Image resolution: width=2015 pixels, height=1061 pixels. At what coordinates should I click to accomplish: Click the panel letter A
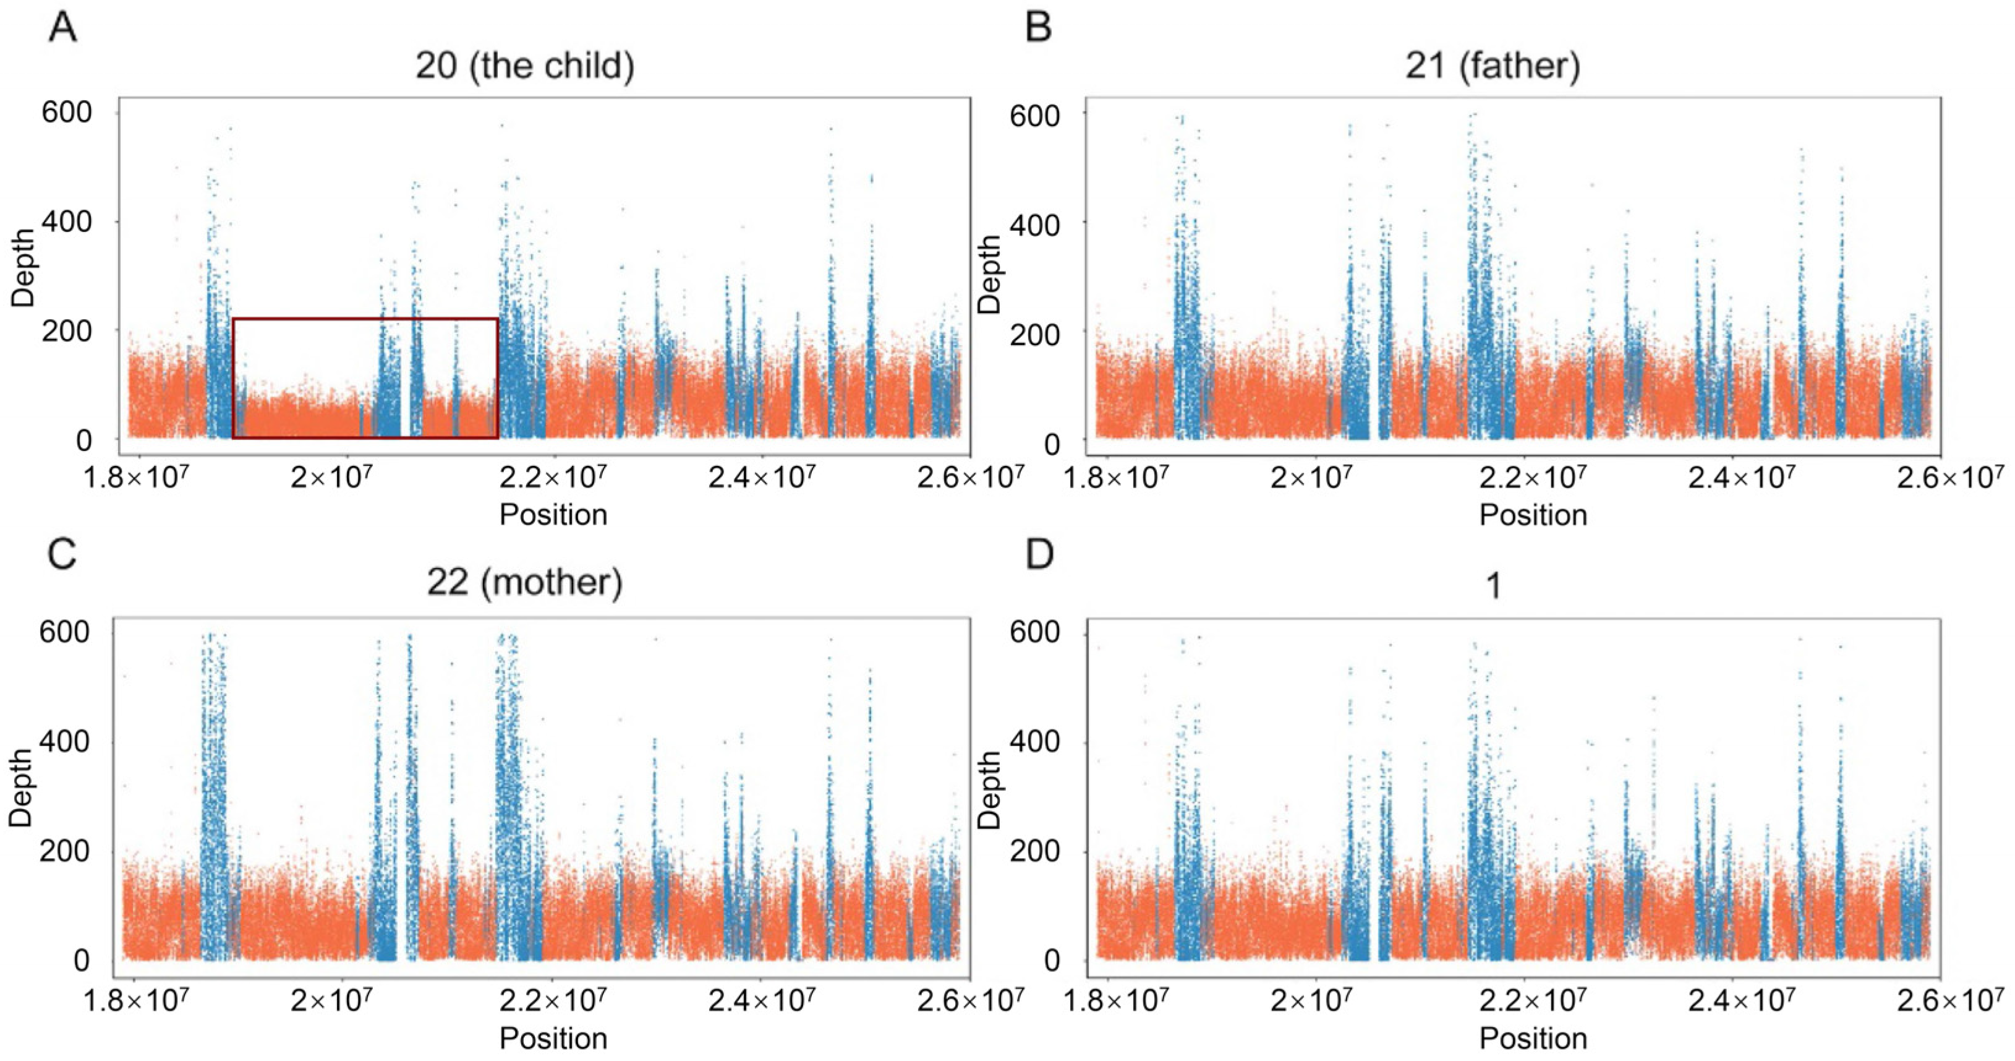coord(63,28)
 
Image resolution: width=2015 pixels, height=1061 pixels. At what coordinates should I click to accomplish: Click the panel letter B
coord(1038,28)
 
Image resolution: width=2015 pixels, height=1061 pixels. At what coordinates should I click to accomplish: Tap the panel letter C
coord(62,554)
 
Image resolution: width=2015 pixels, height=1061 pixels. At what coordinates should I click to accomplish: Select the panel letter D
coord(1039,554)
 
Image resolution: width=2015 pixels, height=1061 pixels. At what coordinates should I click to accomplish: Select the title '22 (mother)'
coord(525,582)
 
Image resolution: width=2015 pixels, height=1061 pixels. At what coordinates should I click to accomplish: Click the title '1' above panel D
coord(1493,586)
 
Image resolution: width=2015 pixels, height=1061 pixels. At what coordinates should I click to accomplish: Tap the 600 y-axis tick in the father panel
coord(1035,116)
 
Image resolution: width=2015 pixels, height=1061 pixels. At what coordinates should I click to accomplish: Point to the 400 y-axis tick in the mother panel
coord(65,742)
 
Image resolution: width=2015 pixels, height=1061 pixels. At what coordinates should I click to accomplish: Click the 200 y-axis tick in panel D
coord(1035,851)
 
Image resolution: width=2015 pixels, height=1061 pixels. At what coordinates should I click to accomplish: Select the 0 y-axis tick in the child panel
coord(83,441)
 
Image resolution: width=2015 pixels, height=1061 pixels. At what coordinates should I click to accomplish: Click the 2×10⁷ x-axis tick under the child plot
coord(330,476)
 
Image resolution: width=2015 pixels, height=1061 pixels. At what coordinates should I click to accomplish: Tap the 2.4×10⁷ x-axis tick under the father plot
coord(1741,476)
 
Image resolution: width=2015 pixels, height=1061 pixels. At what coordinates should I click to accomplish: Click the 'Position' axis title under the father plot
coord(1533,515)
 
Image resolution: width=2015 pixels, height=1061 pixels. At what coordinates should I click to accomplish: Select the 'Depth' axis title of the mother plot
coord(22,788)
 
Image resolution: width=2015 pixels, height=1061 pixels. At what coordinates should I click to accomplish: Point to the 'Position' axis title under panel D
coord(1533,1038)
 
